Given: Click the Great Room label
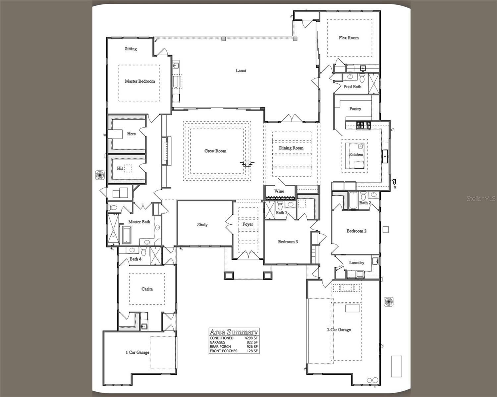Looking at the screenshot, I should pyautogui.click(x=215, y=151).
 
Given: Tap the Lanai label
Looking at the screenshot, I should pyautogui.click(x=241, y=70).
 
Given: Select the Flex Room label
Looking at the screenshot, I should pyautogui.click(x=349, y=38).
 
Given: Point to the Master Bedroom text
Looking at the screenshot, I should pyautogui.click(x=140, y=81).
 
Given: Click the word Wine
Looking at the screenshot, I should pyautogui.click(x=279, y=191).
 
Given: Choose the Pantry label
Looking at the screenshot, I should pyautogui.click(x=355, y=109).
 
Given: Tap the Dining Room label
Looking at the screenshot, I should pyautogui.click(x=291, y=148).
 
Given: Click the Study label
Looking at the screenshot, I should pyautogui.click(x=202, y=225).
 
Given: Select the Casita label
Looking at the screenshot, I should pyautogui.click(x=147, y=289).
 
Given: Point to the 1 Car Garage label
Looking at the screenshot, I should pyautogui.click(x=137, y=352).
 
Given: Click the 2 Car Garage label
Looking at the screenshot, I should pyautogui.click(x=339, y=330).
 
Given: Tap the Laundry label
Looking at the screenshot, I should pyautogui.click(x=357, y=262).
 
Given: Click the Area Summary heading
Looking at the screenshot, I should pyautogui.click(x=234, y=332).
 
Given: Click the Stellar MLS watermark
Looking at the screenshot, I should pyautogui.click(x=481, y=198).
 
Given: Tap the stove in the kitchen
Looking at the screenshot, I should pyautogui.click(x=363, y=125).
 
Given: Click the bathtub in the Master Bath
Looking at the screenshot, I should pyautogui.click(x=127, y=235).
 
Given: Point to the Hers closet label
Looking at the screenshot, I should pyautogui.click(x=131, y=134).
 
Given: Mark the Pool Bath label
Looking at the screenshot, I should pyautogui.click(x=352, y=87).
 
